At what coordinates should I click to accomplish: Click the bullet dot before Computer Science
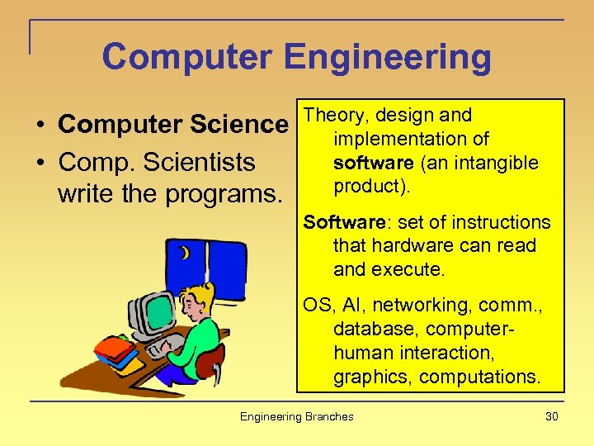coord(40,126)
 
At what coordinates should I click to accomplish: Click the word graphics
coord(372,377)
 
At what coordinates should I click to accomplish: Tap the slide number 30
coord(551,416)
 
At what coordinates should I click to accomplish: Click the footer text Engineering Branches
coord(296,416)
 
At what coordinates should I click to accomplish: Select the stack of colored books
coord(115,350)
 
